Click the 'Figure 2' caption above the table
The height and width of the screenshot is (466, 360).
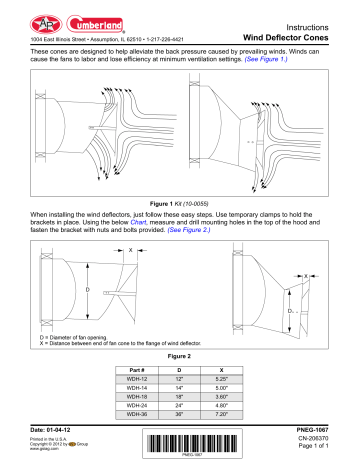point(180,354)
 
